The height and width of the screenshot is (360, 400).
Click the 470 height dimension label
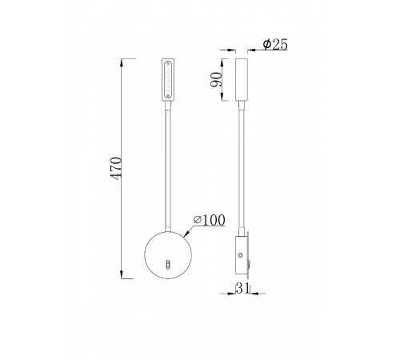(x=116, y=169)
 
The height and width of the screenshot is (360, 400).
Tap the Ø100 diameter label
(x=210, y=220)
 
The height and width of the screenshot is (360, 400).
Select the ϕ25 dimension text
(x=275, y=44)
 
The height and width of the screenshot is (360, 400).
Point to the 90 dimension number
(x=216, y=79)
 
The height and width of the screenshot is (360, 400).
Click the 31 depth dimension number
(x=242, y=288)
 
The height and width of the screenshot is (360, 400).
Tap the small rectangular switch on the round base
(x=168, y=264)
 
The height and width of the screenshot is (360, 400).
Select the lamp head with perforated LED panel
(x=168, y=79)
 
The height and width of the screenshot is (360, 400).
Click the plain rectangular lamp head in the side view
(x=242, y=79)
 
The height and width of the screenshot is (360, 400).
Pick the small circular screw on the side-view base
(x=240, y=255)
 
